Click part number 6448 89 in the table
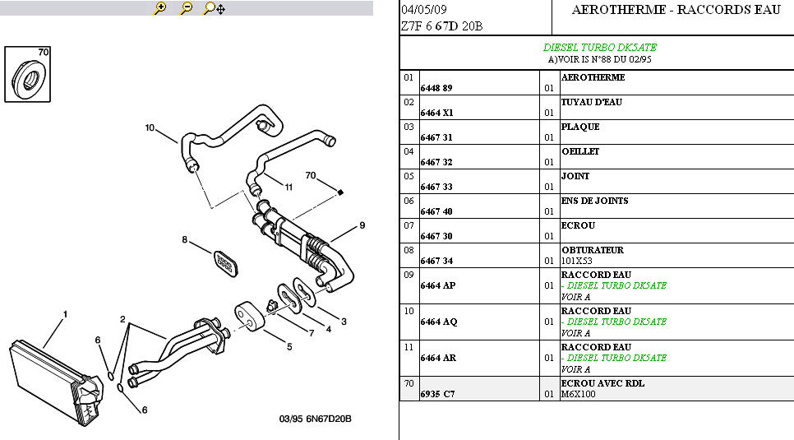point(436,88)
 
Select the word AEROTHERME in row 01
point(593,77)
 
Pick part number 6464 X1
point(436,113)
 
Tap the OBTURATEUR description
point(592,250)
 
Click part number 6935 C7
point(437,394)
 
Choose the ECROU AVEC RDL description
point(602,383)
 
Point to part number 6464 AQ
point(439,322)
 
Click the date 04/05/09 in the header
point(424,10)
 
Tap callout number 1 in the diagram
point(66,314)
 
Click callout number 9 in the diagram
point(362,225)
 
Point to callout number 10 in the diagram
point(150,127)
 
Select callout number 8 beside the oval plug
point(185,240)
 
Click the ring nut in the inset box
point(28,81)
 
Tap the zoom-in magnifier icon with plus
point(160,8)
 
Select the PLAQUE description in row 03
point(579,127)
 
